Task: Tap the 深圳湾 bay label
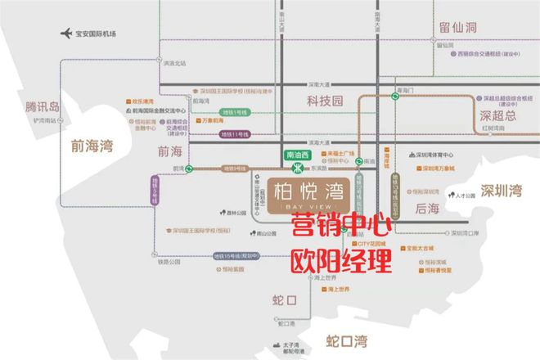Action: point(502,191)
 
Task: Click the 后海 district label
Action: point(428,209)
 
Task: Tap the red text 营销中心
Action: point(341,226)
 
